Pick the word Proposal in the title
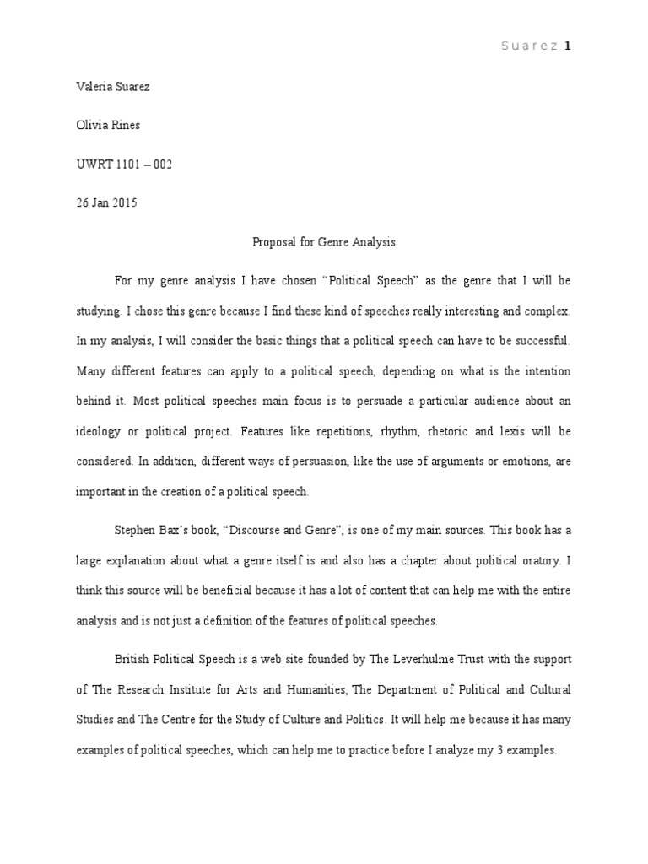click(275, 242)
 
